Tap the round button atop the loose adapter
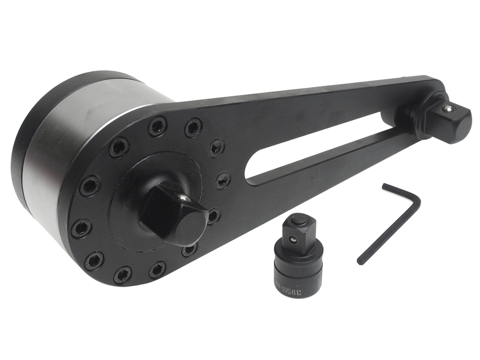299,220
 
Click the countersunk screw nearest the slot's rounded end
223,180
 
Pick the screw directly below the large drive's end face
189,250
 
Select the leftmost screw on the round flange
81,228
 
